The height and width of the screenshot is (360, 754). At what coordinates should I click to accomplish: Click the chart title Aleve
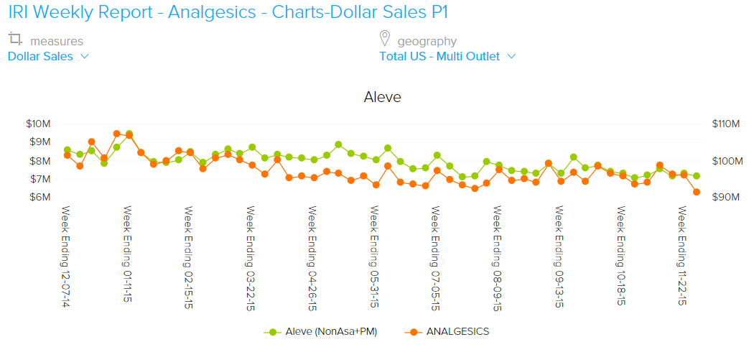382,97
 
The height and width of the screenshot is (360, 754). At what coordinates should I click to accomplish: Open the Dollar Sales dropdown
48,57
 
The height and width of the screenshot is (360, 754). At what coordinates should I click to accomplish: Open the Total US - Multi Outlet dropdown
447,57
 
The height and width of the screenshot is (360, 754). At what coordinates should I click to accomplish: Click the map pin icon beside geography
385,39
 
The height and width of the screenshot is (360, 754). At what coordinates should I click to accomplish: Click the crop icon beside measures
15,39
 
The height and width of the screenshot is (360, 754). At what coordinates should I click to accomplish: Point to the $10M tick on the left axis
37,124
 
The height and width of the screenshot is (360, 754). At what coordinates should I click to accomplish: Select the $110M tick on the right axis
725,124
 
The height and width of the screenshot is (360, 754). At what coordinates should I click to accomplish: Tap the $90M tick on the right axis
724,198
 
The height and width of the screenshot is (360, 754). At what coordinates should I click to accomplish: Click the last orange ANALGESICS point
697,192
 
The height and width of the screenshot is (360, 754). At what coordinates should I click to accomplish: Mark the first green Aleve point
67,149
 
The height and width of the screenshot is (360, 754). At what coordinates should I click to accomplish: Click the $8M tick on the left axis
39,161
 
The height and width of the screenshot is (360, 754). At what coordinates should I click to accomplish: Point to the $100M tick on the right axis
725,161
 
